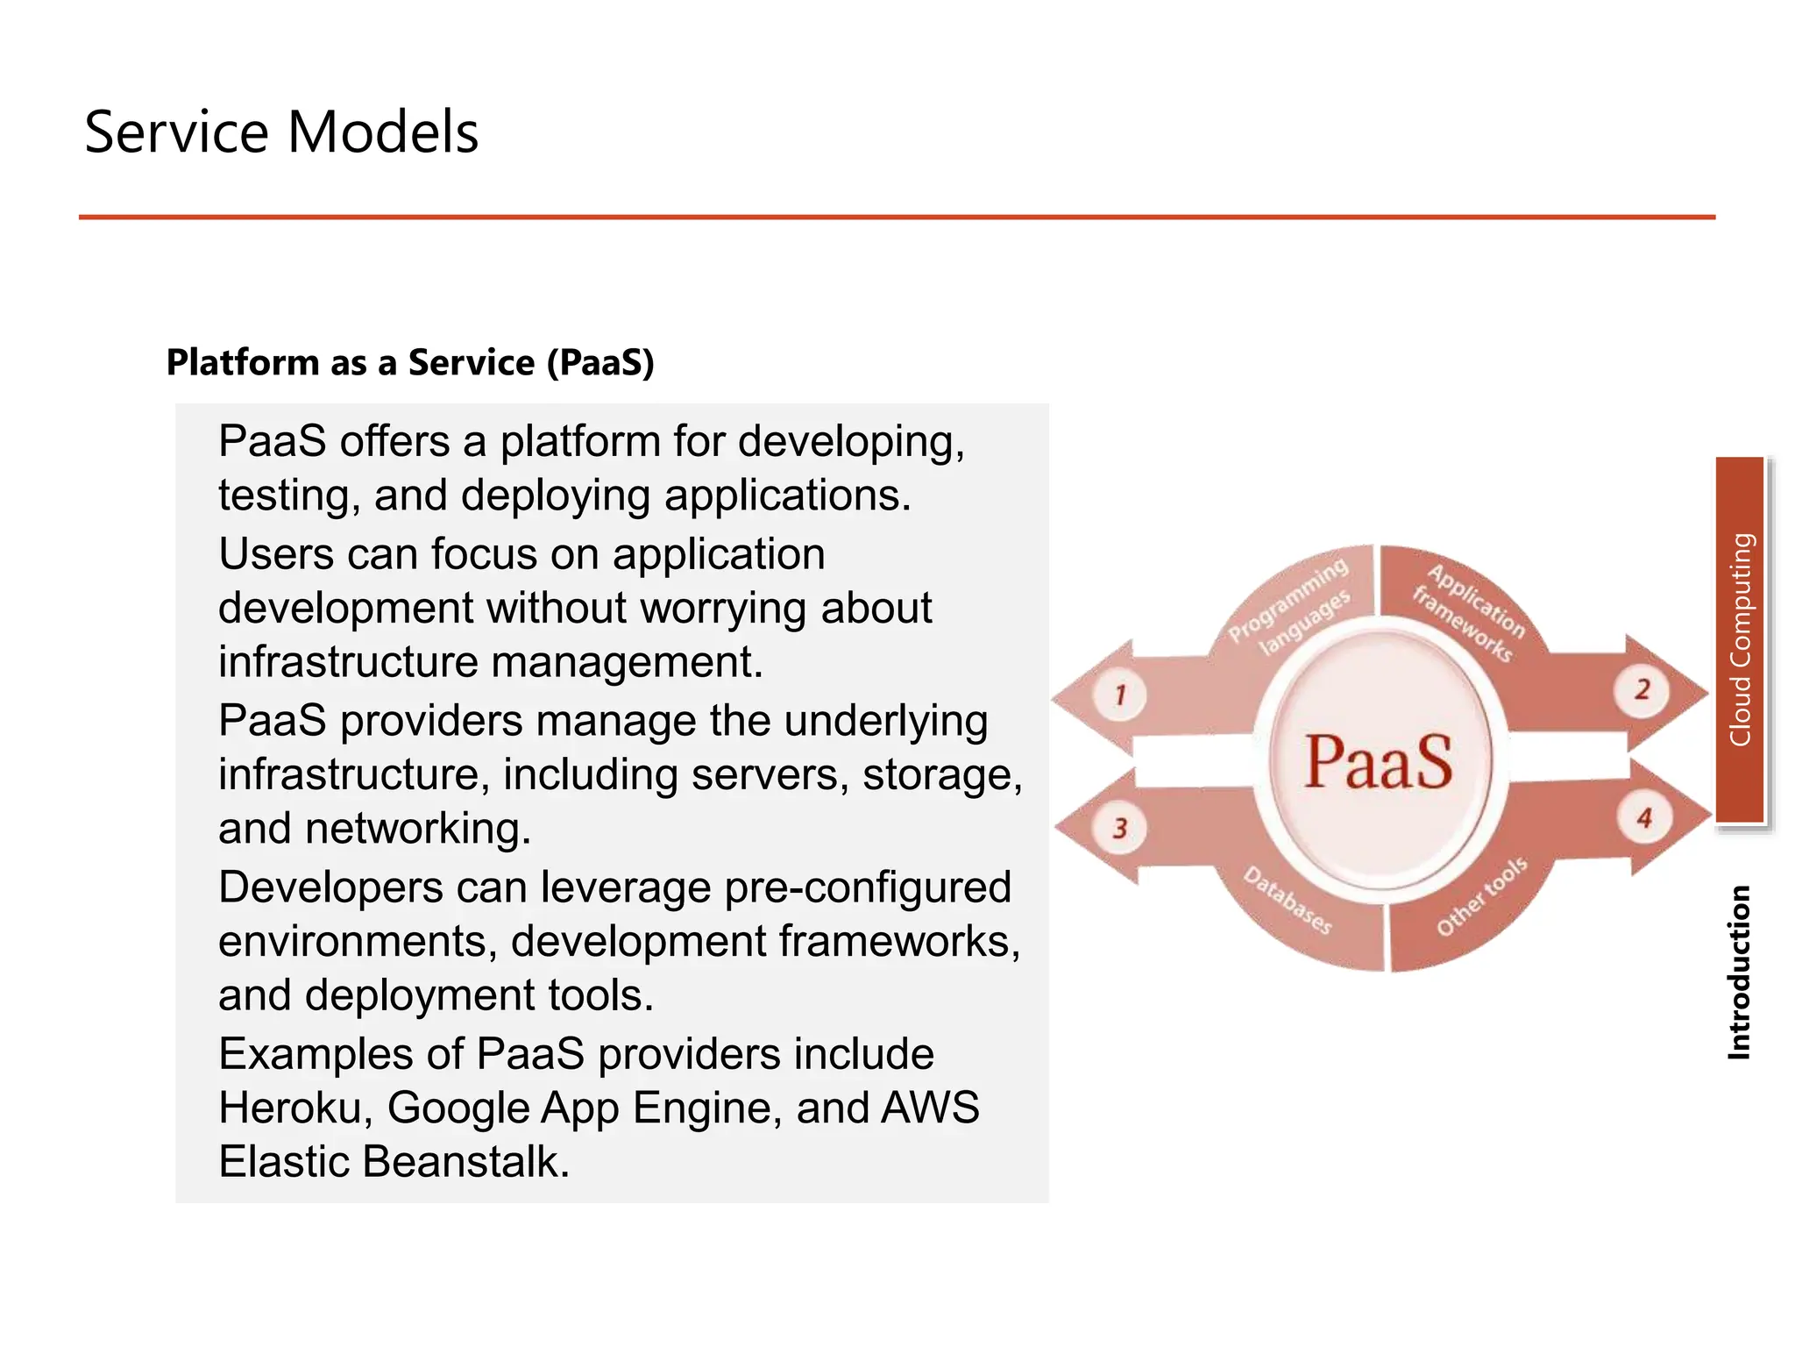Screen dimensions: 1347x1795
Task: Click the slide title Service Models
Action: [280, 132]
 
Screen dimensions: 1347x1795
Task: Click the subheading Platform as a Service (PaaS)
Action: [410, 362]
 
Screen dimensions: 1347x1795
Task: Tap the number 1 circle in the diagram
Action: [1119, 695]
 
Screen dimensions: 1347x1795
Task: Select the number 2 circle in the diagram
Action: [1642, 689]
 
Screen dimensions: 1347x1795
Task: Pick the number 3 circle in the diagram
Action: [1119, 828]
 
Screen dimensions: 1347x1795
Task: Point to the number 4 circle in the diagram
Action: [1644, 818]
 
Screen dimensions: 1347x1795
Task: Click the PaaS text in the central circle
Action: [1378, 761]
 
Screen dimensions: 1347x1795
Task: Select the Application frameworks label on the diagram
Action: [1467, 612]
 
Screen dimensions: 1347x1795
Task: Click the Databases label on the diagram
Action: [1288, 901]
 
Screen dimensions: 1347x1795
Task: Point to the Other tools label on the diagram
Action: [1481, 895]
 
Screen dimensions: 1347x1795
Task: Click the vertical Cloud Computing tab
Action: [1740, 639]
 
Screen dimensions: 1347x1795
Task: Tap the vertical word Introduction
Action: [1739, 972]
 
